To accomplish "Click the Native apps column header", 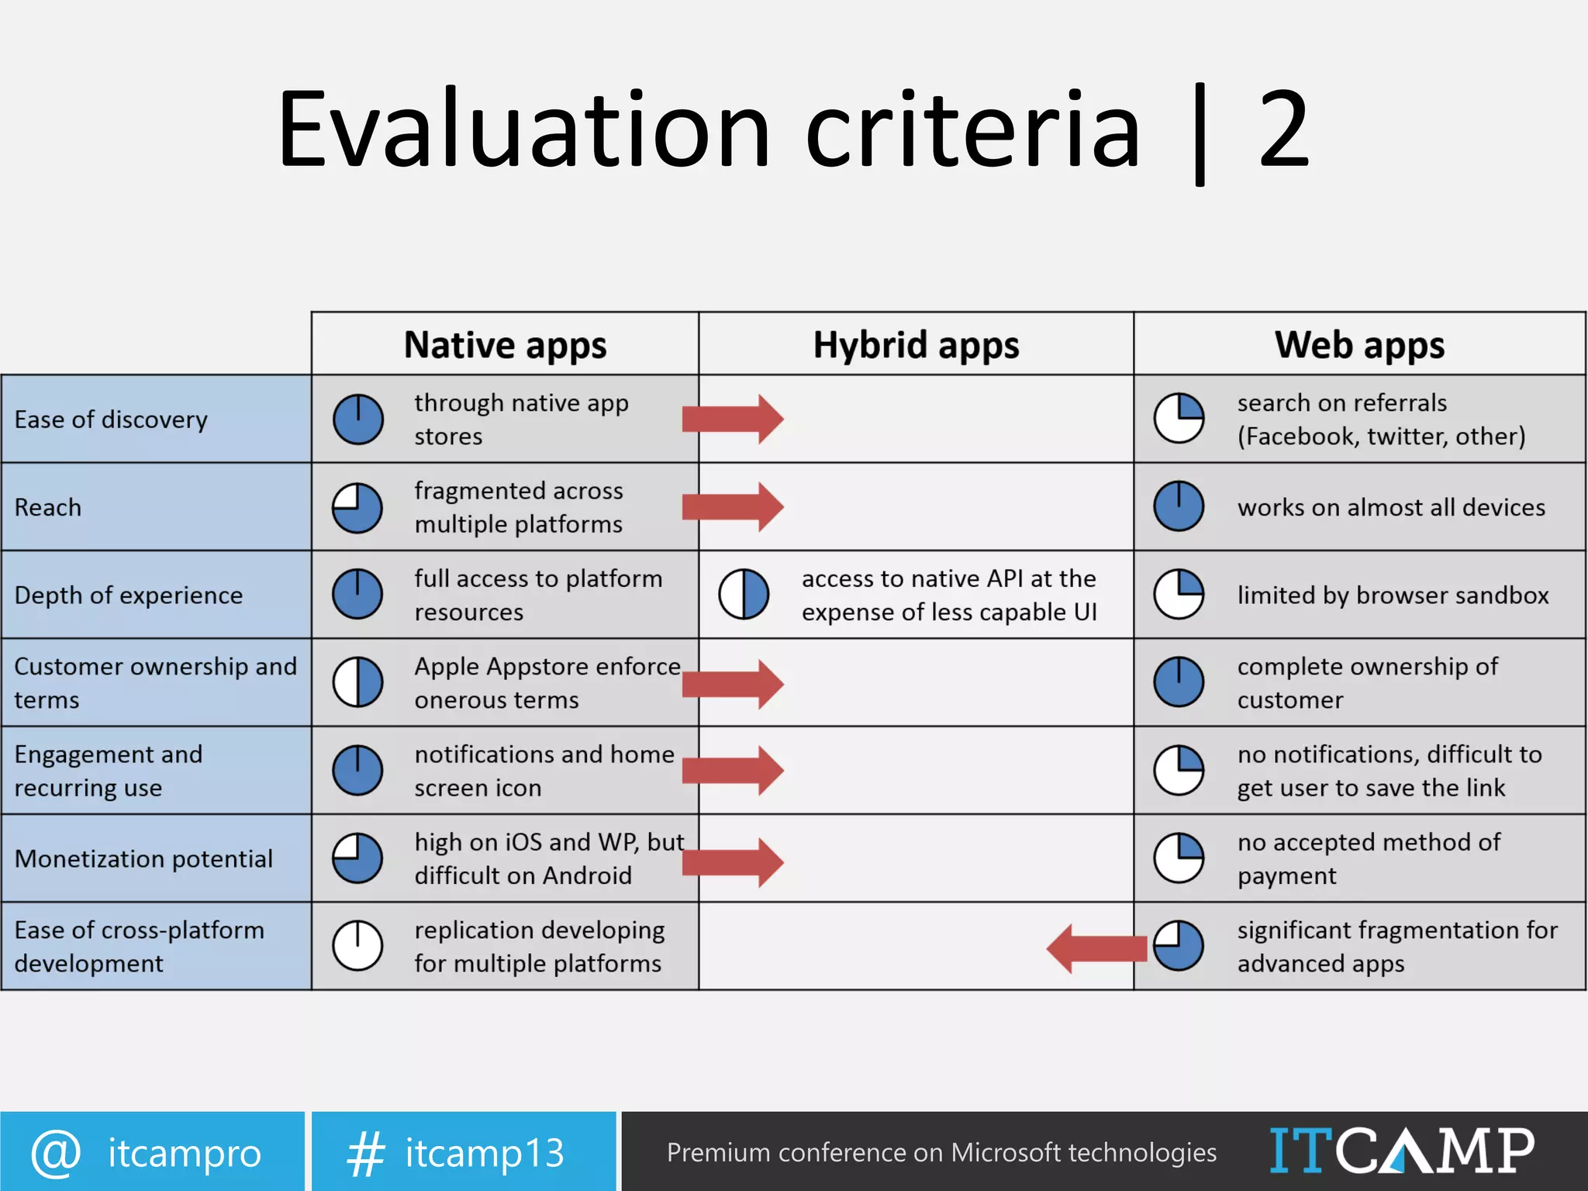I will click(505, 345).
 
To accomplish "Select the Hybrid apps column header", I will click(916, 345).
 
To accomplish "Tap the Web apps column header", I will click(1359, 345).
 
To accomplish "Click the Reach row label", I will click(48, 507).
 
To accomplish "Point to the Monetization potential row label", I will click(143, 858).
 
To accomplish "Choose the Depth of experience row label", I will click(129, 595).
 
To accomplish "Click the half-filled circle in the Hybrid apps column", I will click(744, 595).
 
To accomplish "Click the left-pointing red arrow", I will click(1096, 948).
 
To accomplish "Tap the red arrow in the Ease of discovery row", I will click(733, 419).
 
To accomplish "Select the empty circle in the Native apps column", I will click(357, 946).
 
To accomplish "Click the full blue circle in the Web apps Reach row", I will click(1179, 506).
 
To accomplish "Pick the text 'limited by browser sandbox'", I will click(1393, 595).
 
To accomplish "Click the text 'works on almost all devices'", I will click(1391, 507).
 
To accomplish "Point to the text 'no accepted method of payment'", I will click(1369, 858).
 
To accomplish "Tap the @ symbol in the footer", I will click(56, 1153).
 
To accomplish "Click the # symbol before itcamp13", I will click(365, 1153).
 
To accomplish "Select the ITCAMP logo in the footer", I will click(1401, 1151).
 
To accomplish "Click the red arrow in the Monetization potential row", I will click(733, 861).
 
